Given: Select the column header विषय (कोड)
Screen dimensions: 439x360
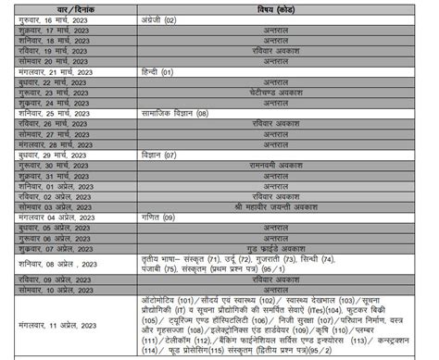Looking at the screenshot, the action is [277, 8].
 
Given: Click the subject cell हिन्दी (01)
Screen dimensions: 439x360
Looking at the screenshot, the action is [155, 71].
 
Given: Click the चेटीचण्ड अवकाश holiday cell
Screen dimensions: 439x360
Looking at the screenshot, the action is [277, 93].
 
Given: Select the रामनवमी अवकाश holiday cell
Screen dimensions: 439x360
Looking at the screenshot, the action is [277, 165].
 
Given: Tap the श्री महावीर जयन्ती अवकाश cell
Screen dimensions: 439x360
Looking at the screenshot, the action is [277, 206].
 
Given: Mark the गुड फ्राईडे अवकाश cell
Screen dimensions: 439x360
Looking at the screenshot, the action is [277, 248].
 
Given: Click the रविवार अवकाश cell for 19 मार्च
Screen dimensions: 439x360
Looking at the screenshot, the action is [277, 51].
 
